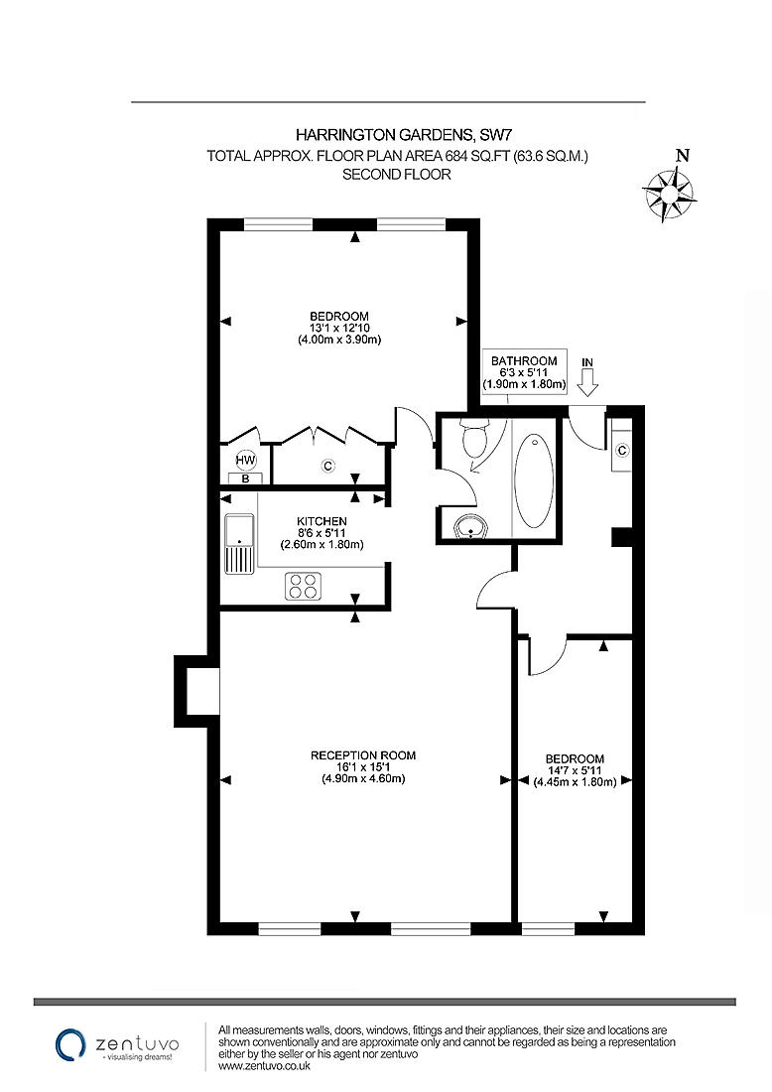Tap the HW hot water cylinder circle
(x=245, y=461)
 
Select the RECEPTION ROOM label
(x=363, y=755)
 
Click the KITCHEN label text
(x=322, y=521)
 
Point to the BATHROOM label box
(x=524, y=372)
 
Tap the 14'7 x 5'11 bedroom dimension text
(x=575, y=770)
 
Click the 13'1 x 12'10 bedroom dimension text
(x=339, y=329)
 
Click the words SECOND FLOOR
(x=396, y=175)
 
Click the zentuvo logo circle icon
(x=69, y=1043)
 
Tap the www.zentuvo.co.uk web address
(x=264, y=1066)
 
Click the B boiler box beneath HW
(x=245, y=478)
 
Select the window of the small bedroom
(x=548, y=929)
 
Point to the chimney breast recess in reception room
(x=202, y=691)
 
